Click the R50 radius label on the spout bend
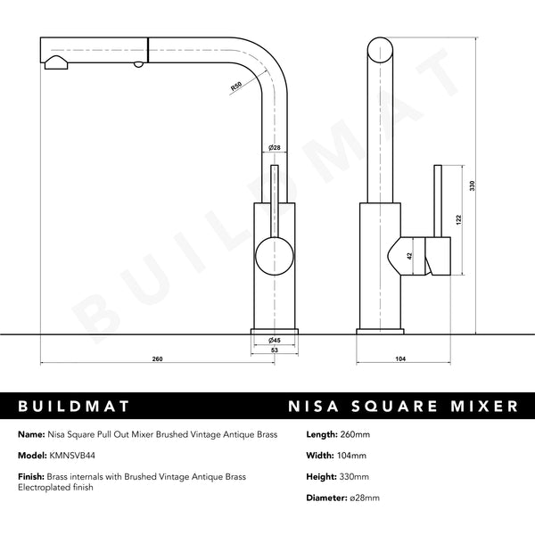tap(236, 87)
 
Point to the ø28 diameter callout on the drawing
tap(275, 147)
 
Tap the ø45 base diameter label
tap(276, 340)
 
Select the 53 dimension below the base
tap(276, 351)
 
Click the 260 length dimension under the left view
tap(158, 359)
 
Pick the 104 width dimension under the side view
tap(399, 359)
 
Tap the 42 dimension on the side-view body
tap(409, 256)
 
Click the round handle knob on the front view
tap(274, 258)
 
